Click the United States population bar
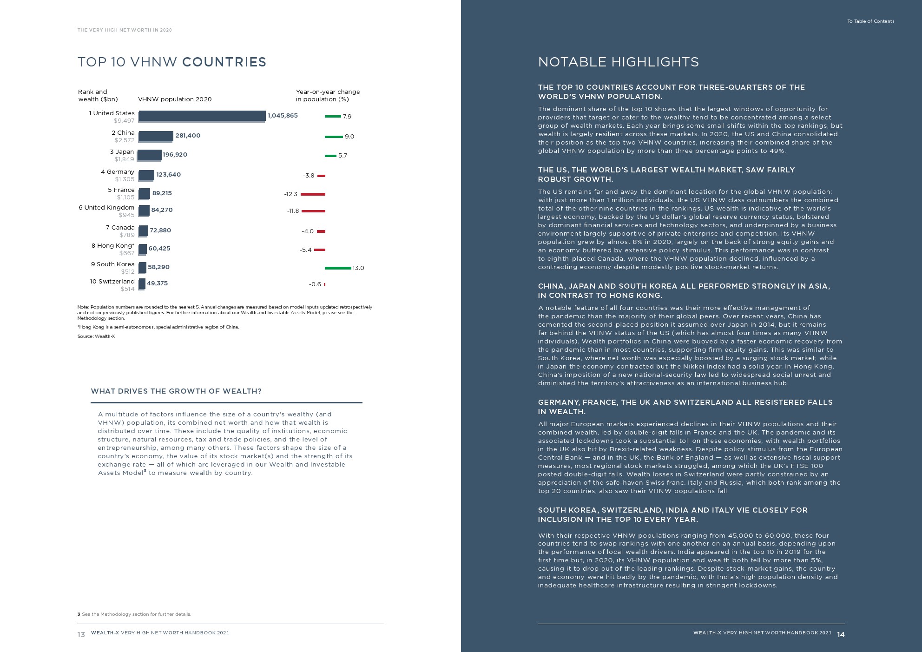[x=202, y=116]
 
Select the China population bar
[x=156, y=136]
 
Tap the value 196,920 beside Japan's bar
[x=175, y=155]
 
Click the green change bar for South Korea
[x=338, y=268]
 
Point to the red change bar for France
[x=313, y=194]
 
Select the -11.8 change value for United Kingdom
[x=293, y=211]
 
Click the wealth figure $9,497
[x=124, y=121]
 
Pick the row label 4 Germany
[x=118, y=172]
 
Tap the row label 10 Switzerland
[x=112, y=282]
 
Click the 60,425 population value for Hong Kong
[x=159, y=249]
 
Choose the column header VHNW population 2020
[x=175, y=99]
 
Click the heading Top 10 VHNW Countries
[x=172, y=62]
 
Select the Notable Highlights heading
[x=618, y=62]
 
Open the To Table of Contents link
[x=870, y=21]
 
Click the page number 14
[x=841, y=635]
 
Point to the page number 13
[x=81, y=635]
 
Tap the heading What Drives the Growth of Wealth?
[x=176, y=391]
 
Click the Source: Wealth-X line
[x=96, y=336]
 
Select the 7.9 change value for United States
[x=347, y=117]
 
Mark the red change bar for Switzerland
[x=324, y=284]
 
